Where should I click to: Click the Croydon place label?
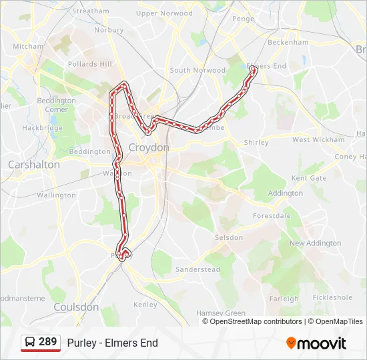tap(149, 147)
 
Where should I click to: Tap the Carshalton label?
tap(33, 164)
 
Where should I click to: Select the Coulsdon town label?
tap(75, 307)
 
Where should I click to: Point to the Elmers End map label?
tap(266, 66)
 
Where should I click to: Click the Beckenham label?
tap(288, 42)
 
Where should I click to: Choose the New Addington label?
tap(315, 243)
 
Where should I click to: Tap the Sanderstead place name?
tap(198, 269)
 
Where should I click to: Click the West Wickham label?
tap(318, 140)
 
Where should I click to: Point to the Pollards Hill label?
tap(89, 64)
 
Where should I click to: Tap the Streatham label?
tap(90, 11)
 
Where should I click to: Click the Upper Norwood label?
tap(164, 13)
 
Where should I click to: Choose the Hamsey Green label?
tap(221, 313)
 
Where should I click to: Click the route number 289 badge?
tap(47, 342)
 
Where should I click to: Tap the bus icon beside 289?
tap(30, 343)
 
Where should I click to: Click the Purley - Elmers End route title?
tap(112, 343)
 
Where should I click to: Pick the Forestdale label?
tap(272, 216)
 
